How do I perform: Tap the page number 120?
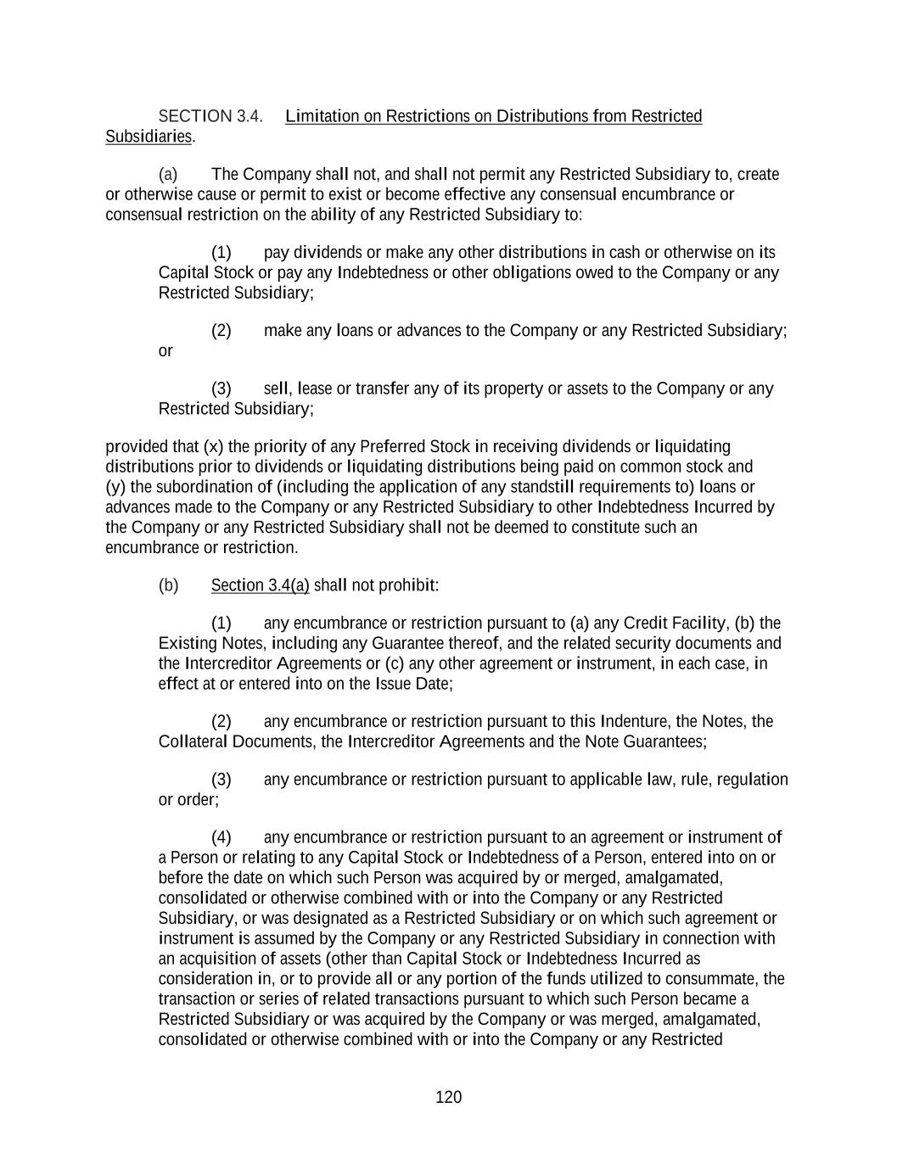(448, 1098)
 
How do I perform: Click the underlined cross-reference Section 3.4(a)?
(260, 585)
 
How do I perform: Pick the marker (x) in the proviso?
(214, 447)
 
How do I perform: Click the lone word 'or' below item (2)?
(165, 351)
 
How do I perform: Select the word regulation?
(753, 780)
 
